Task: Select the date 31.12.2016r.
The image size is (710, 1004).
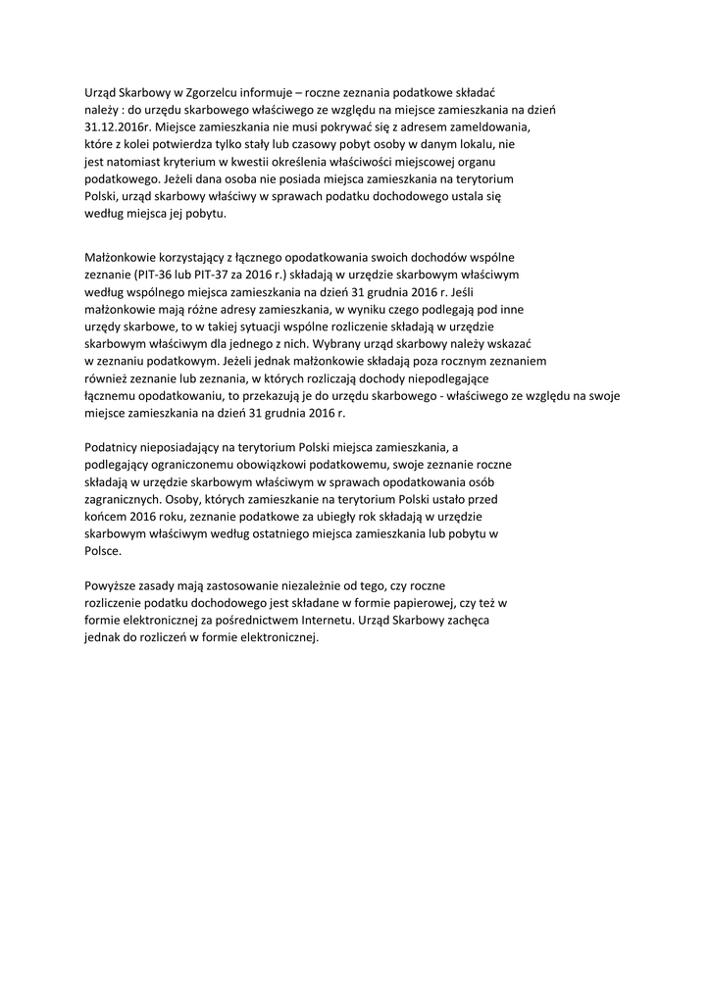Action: tap(120, 126)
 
